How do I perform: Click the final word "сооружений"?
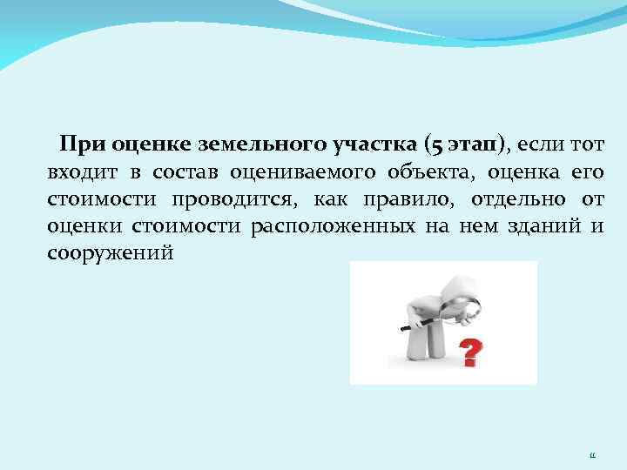click(111, 255)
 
